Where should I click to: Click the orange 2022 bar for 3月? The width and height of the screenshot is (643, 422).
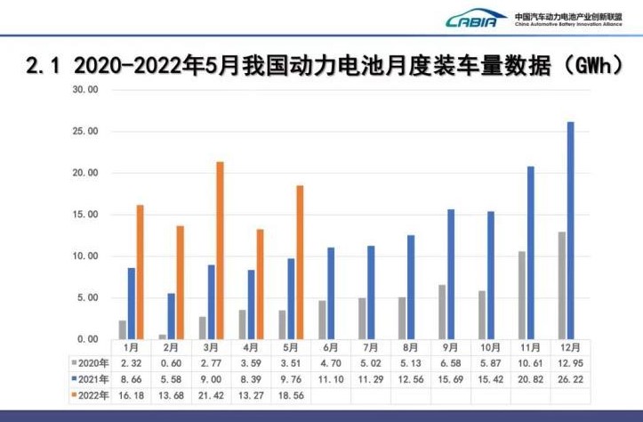220,250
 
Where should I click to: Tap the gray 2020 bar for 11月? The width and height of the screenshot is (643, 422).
522,295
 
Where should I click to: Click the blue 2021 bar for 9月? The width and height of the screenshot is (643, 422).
451,273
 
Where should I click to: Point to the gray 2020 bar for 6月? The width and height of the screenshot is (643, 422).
322,320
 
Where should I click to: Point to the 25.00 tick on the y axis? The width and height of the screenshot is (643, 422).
85,132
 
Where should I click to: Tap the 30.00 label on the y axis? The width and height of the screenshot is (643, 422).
85,90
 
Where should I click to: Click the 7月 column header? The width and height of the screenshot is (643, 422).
371,348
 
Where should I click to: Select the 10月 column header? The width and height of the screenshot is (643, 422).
491,348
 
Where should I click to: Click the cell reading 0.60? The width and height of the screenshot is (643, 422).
170,362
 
